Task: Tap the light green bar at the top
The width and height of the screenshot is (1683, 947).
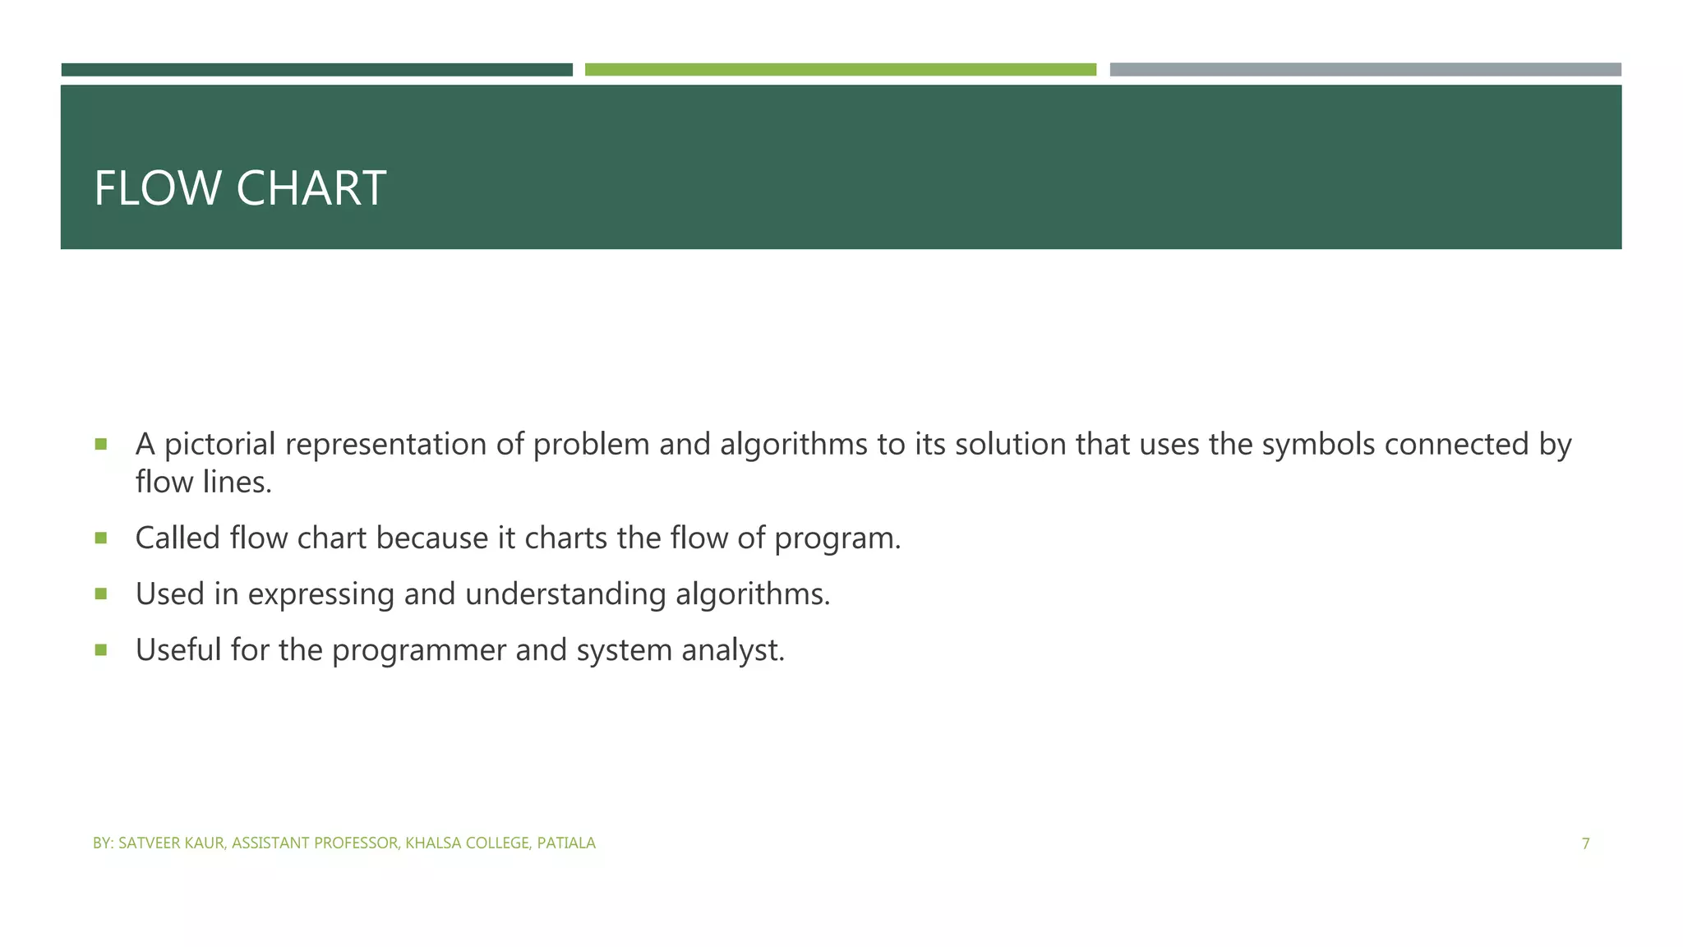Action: point(840,70)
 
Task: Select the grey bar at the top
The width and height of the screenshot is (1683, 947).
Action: point(1365,70)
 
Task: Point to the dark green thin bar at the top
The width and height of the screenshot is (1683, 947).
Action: point(316,70)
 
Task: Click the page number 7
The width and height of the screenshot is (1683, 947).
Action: point(1585,843)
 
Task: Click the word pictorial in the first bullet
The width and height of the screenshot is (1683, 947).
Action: point(219,445)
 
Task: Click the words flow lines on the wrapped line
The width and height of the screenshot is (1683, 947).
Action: point(203,483)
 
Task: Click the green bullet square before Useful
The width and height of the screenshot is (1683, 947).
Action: point(101,650)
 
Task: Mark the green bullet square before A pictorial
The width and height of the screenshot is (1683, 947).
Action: point(101,445)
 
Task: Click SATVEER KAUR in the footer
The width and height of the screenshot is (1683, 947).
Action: point(171,843)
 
